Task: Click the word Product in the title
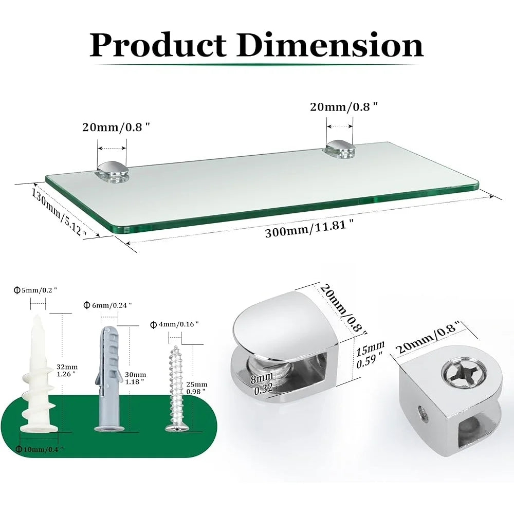pos(158,45)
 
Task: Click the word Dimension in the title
pos(331,45)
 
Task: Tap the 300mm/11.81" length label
pos(309,229)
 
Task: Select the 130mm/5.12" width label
pos(59,212)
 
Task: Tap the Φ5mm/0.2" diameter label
pos(35,290)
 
